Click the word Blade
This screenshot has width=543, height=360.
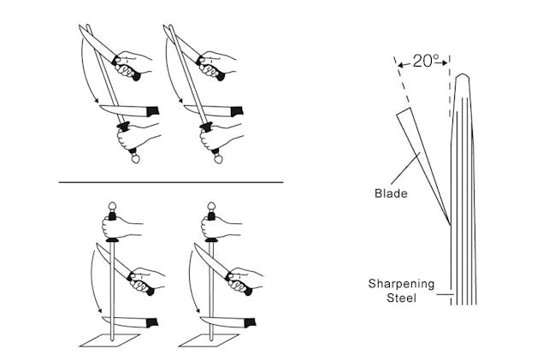click(392, 193)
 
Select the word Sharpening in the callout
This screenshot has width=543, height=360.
click(402, 283)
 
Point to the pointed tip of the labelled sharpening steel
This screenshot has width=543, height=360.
click(462, 76)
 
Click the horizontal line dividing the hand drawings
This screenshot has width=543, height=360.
click(170, 182)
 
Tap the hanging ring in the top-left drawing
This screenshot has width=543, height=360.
click(133, 158)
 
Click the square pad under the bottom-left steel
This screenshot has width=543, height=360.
click(108, 339)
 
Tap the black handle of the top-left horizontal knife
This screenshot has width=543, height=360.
click(153, 111)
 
